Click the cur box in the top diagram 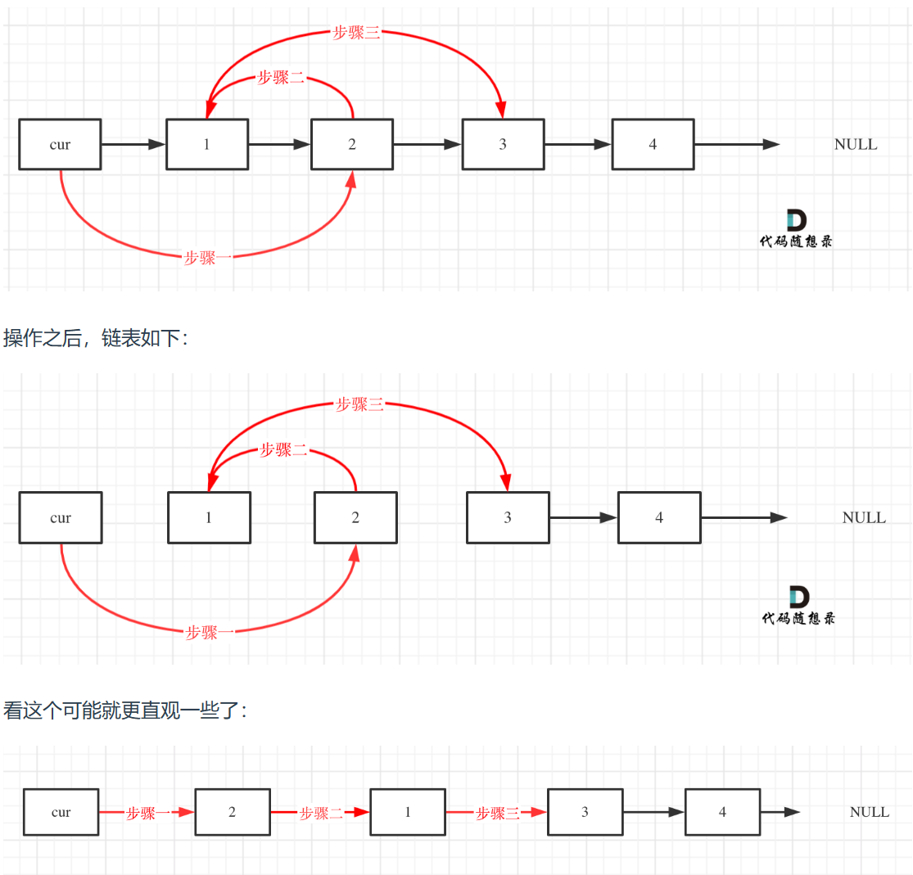tap(60, 145)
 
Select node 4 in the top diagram tap(653, 145)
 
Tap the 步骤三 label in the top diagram tap(356, 34)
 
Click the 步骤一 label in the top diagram tap(208, 258)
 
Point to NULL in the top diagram tap(855, 145)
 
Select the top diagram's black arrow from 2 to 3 tap(427, 145)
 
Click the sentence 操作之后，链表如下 tap(96, 338)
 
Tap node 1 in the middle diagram tap(209, 517)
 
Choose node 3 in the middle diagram tap(508, 517)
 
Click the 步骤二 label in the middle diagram tap(283, 449)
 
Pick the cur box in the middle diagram tap(61, 517)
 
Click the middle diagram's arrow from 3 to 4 tap(582, 517)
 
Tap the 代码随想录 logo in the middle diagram tap(798, 606)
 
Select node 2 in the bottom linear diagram tap(233, 812)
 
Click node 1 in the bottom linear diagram tap(408, 812)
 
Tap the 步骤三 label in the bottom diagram tap(498, 813)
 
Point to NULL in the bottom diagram tap(869, 812)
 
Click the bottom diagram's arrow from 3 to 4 tap(653, 812)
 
